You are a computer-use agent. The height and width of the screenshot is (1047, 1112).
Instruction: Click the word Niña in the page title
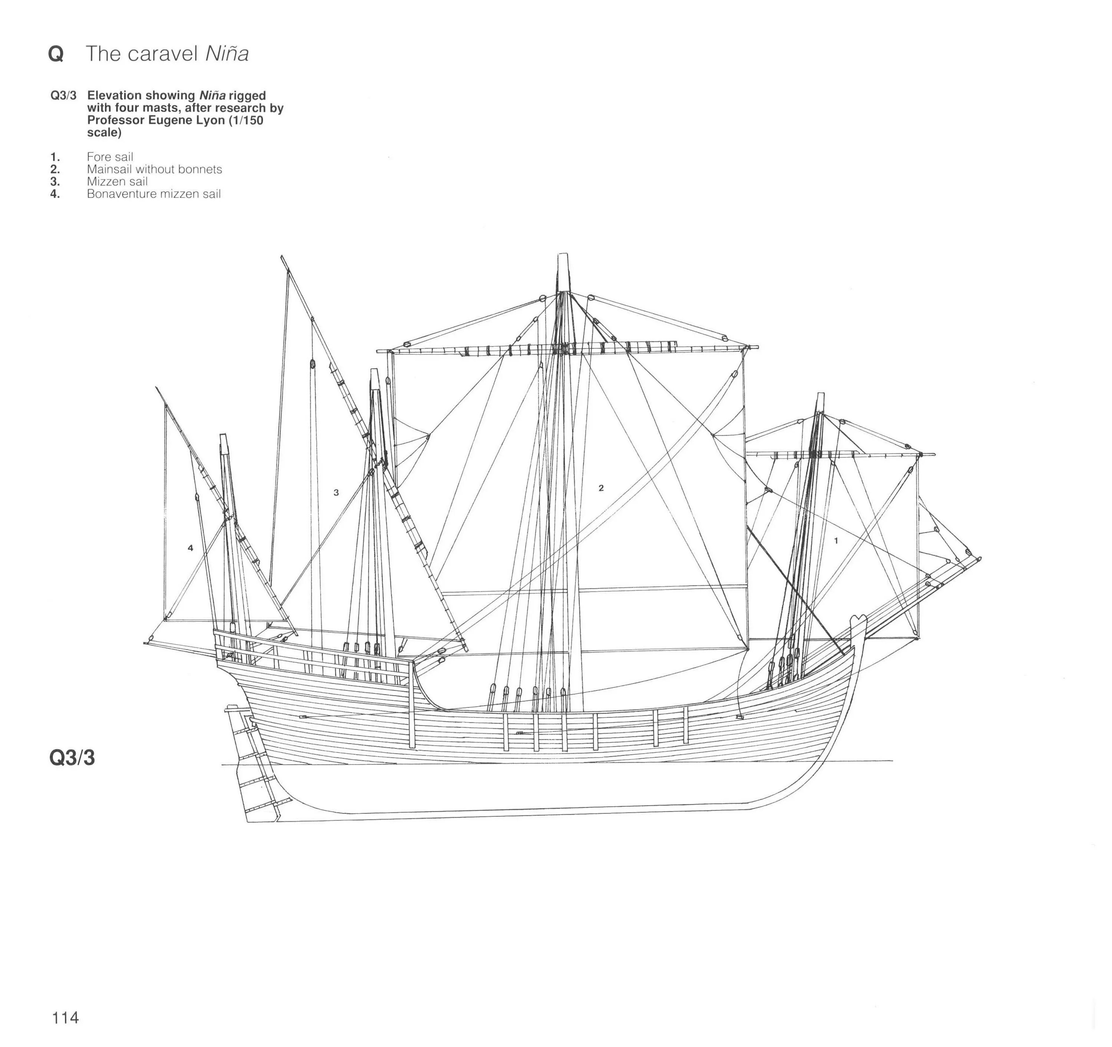[226, 54]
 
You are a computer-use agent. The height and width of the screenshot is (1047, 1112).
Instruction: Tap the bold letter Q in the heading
[56, 54]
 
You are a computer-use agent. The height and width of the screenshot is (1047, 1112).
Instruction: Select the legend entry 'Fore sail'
[110, 157]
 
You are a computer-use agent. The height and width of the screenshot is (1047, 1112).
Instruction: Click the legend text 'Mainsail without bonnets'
[154, 169]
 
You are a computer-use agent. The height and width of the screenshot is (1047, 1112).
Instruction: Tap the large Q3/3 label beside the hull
[72, 758]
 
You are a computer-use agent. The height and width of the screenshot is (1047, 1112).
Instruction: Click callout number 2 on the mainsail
[601, 488]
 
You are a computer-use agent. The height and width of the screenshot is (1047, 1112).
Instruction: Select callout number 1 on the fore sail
[836, 541]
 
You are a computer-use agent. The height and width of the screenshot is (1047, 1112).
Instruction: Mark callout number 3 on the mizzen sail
[336, 493]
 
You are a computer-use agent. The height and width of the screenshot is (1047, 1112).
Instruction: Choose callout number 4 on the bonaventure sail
[190, 548]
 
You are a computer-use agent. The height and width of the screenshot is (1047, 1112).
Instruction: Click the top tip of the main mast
[563, 257]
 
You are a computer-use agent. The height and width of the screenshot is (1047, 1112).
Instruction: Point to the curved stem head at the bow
[857, 621]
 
